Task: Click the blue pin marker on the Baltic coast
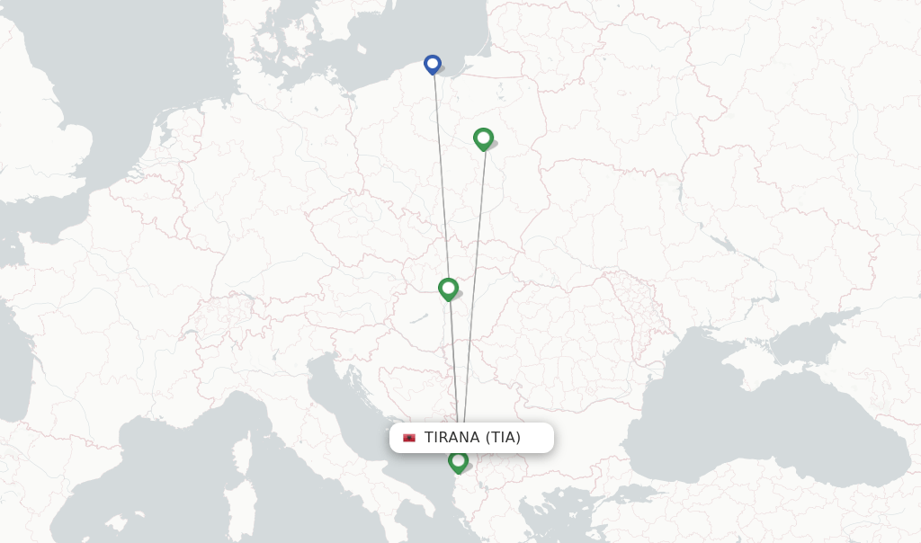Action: point(433,64)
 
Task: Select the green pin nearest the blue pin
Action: point(483,138)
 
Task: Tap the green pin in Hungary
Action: point(448,289)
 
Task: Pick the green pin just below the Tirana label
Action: point(458,461)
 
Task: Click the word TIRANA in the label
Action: point(452,438)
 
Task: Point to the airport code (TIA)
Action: point(503,438)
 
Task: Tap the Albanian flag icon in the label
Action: point(409,438)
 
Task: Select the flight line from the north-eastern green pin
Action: point(476,270)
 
